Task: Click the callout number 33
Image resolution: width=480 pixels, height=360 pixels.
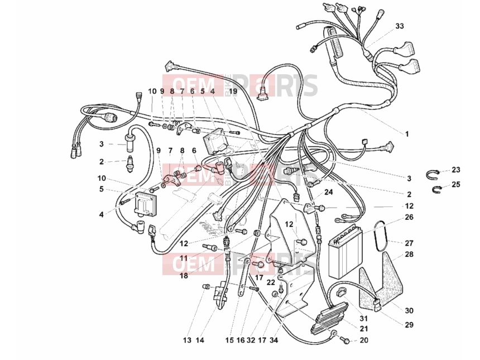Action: pos(400,26)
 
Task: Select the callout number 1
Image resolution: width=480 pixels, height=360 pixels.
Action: pos(407,134)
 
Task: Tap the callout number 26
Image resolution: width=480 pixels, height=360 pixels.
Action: pos(409,217)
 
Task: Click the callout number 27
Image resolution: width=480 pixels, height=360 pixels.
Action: pos(409,243)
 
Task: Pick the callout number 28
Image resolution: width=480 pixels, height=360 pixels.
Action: pos(409,255)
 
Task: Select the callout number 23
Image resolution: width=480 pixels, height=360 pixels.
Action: pos(456,170)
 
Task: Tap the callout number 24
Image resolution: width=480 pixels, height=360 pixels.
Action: pos(329,192)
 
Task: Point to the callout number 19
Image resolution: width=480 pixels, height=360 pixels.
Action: pos(233,91)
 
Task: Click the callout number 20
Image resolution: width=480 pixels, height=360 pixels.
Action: pos(364,340)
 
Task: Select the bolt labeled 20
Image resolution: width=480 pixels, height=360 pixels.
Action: pos(346,339)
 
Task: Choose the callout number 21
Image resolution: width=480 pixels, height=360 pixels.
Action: pos(364,329)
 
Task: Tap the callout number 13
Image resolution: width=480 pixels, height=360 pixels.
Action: pos(187,340)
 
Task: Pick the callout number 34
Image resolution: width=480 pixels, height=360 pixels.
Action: pos(274,340)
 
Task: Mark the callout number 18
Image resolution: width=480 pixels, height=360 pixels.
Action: pos(184,276)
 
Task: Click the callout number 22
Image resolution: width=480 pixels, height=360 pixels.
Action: pos(271,282)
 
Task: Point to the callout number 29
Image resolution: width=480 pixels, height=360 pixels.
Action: pos(409,325)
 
